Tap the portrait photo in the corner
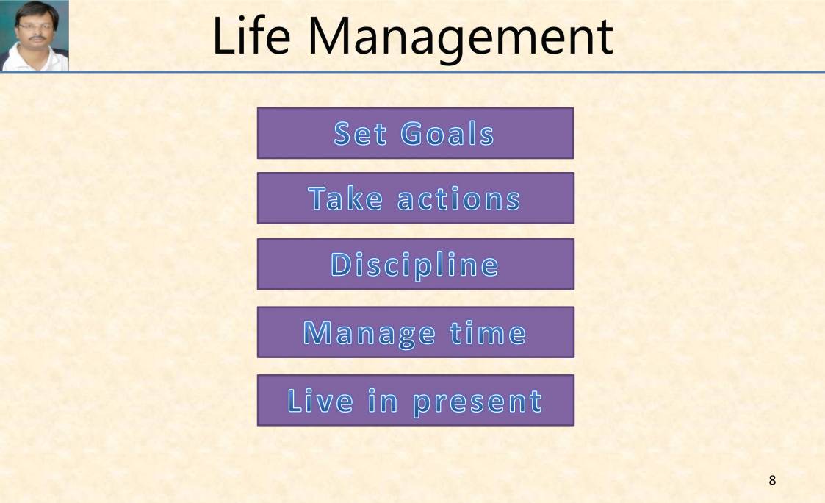(35, 35)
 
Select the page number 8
(772, 481)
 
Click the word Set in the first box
(360, 134)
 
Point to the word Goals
(447, 134)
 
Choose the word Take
(345, 199)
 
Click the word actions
(458, 199)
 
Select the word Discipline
(414, 265)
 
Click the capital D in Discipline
(342, 265)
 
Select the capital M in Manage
(317, 333)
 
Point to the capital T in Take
(318, 199)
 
